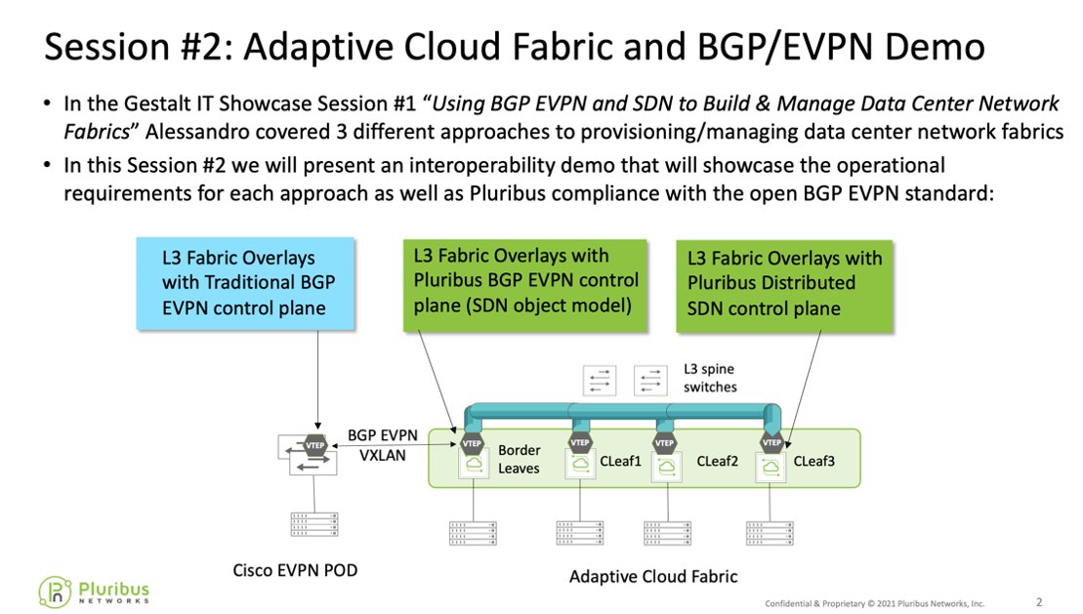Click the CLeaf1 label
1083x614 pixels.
click(x=620, y=461)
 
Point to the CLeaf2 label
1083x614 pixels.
click(x=717, y=461)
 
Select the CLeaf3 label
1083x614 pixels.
click(x=813, y=461)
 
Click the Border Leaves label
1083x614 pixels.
click(x=519, y=460)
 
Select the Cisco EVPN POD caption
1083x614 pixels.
click(x=294, y=570)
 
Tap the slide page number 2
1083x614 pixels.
click(x=1038, y=601)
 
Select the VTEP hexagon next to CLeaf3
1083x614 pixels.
click(x=772, y=442)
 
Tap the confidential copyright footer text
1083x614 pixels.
click(x=874, y=603)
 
